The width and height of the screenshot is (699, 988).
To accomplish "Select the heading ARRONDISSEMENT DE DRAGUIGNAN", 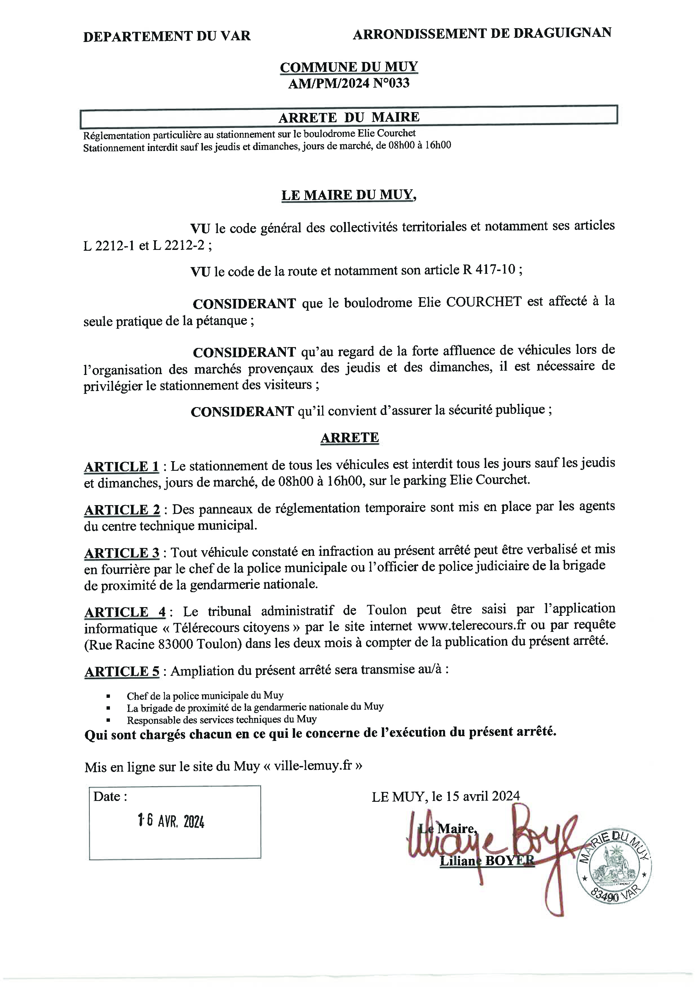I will [482, 34].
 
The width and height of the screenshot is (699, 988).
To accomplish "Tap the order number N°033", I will [391, 83].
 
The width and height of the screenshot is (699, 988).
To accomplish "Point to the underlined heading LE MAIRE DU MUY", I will [349, 195].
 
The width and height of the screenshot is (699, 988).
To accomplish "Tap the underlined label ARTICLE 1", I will [121, 467].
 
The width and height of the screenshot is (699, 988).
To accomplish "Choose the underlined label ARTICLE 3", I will [122, 553].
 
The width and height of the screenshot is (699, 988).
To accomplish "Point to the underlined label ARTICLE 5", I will [122, 671].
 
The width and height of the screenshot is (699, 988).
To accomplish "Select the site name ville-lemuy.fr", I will [313, 766].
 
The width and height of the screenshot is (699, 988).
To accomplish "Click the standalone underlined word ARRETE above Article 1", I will [349, 438].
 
